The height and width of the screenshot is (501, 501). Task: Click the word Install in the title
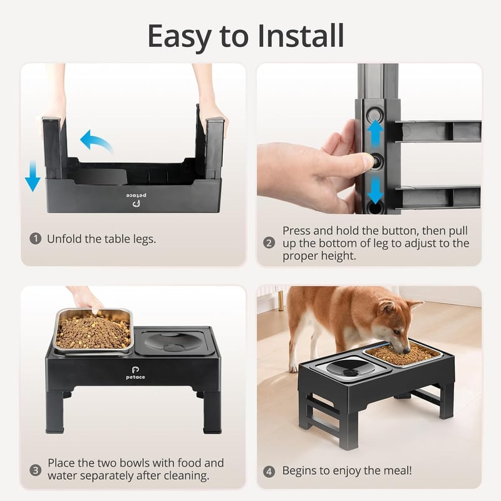[301, 36]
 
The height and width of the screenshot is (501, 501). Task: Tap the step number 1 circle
[36, 239]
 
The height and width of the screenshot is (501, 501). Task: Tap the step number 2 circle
[269, 243]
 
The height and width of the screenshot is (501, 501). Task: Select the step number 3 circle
[36, 470]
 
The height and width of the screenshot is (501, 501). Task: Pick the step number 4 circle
[269, 472]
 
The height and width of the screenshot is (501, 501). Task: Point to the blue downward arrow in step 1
[33, 176]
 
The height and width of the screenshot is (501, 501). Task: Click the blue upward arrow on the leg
[375, 134]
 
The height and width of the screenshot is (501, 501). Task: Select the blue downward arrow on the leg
[375, 191]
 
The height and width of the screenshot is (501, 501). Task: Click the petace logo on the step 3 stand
[135, 373]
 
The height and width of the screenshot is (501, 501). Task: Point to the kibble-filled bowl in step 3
[93, 331]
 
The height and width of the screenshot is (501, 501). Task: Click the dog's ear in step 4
[386, 306]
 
